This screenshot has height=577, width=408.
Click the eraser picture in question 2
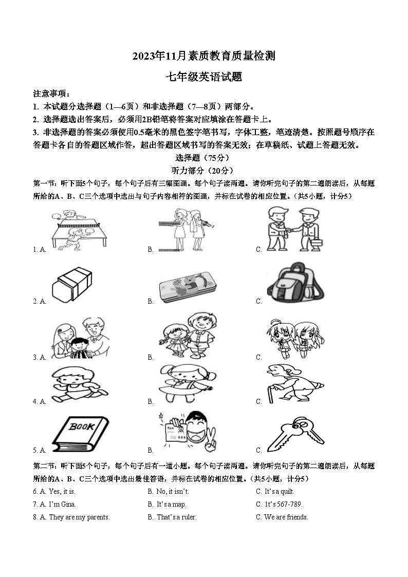pos(72,283)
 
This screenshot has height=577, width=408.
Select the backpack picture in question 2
pos(295,283)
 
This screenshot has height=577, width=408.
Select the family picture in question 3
pos(80,339)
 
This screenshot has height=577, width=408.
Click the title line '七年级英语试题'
pos(203,77)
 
